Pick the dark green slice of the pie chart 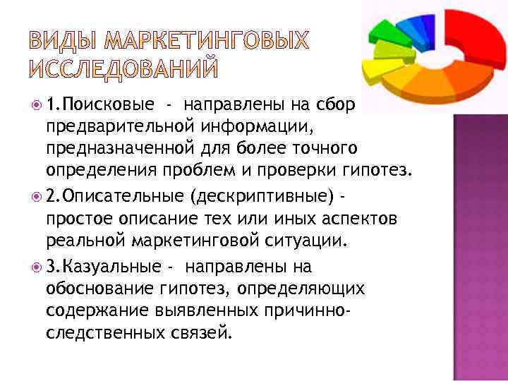385,32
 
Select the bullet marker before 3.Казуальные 37,267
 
